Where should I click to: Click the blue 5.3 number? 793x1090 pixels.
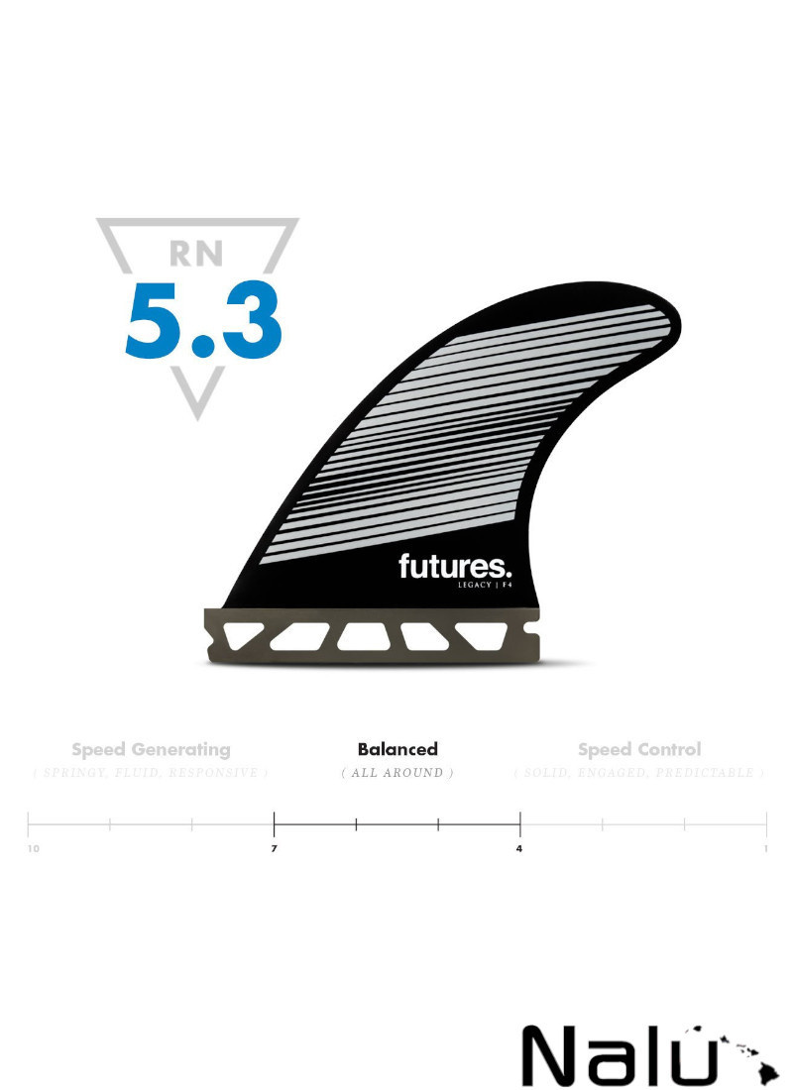203,320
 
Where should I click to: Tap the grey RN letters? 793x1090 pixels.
196,254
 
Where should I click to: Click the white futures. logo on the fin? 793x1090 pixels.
455,566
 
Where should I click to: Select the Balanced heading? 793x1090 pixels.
397,749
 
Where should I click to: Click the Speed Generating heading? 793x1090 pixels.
151,749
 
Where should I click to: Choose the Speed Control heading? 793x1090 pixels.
639,749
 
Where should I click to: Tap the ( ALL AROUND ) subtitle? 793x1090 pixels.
397,773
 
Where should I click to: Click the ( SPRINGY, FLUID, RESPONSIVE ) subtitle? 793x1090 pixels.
151,773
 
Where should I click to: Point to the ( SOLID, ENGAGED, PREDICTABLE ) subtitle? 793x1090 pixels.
639,773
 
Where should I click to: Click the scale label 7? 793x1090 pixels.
275,849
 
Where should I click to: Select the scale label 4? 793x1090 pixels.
519,849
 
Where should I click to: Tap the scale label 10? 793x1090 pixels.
34,849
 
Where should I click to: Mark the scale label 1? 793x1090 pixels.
765,849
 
